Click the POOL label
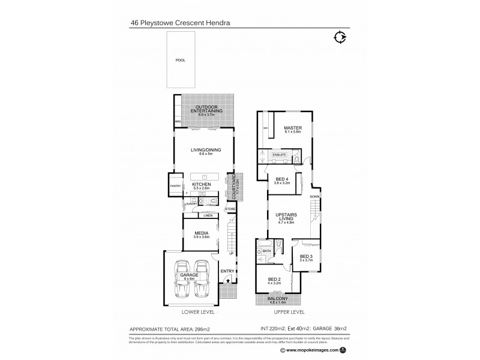pyautogui.click(x=180, y=61)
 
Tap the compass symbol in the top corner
pyautogui.click(x=340, y=37)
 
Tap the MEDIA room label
pyautogui.click(x=201, y=235)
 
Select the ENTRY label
pyautogui.click(x=227, y=271)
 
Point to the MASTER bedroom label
pyautogui.click(x=293, y=128)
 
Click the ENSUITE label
pyautogui.click(x=279, y=155)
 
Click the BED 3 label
pyautogui.click(x=307, y=257)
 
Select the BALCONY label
pyautogui.click(x=278, y=298)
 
